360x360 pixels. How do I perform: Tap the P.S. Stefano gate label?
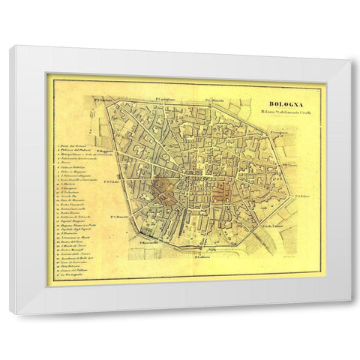[x=100, y=97]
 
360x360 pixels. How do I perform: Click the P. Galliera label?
[x=201, y=256]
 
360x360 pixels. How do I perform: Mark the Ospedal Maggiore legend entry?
[x=73, y=208]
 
